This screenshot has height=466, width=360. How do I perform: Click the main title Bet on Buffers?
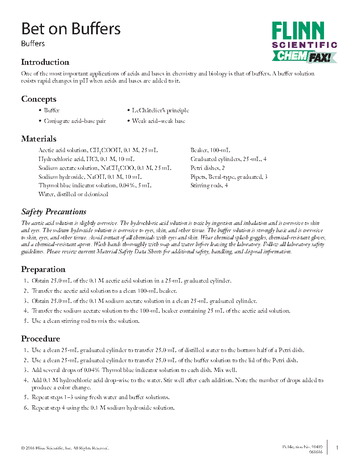coord(71,29)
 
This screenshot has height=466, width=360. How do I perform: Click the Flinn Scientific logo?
coord(304,42)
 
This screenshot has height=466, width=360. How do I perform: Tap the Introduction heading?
coord(45,62)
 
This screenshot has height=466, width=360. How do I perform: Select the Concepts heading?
coord(39,99)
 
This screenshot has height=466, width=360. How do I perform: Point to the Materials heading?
coord(39,139)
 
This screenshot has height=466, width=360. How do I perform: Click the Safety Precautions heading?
coord(54,212)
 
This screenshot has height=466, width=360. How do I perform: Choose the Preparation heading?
coord(43,269)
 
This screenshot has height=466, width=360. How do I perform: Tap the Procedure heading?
coord(41,339)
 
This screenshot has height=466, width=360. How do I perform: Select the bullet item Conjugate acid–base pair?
coord(75,121)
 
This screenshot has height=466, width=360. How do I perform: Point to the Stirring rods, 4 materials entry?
coord(209,186)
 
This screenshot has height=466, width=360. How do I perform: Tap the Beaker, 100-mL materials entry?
coord(210,150)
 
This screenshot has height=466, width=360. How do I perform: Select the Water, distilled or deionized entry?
coord(73,194)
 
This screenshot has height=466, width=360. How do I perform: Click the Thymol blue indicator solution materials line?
coord(95,186)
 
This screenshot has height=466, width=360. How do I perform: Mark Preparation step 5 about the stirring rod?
coord(85,321)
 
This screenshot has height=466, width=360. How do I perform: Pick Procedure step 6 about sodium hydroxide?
coord(103,408)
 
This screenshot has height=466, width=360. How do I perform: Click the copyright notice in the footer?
coord(65,448)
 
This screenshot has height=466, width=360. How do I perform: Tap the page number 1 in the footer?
coord(337,448)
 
